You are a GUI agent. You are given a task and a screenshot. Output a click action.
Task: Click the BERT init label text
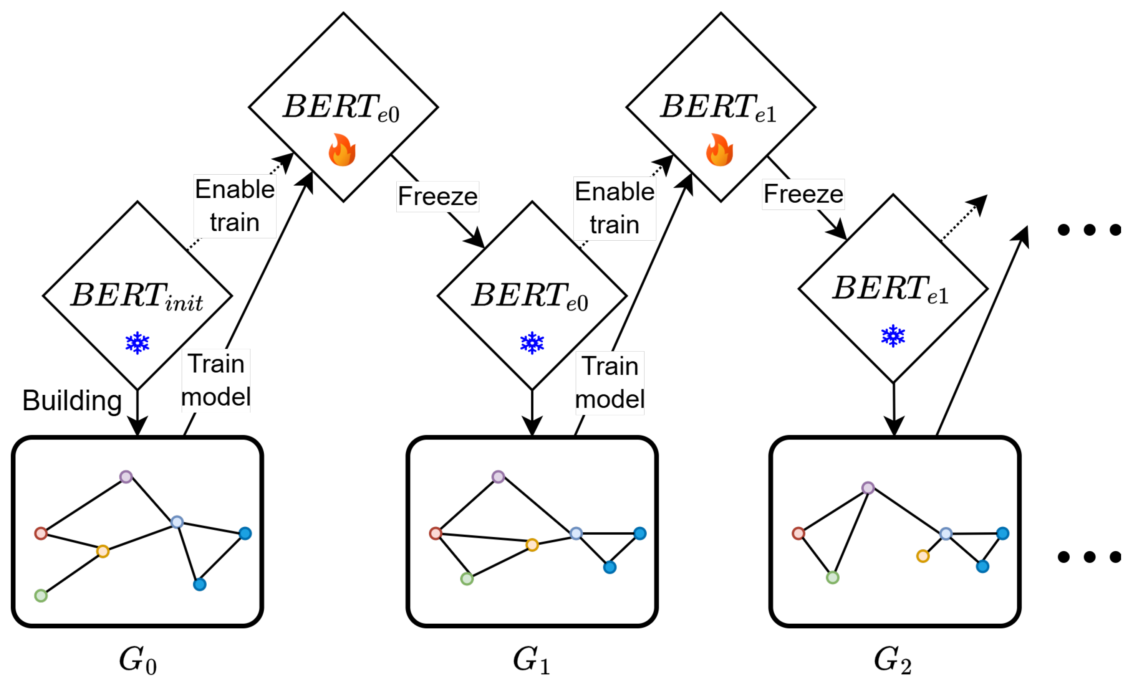(x=137, y=296)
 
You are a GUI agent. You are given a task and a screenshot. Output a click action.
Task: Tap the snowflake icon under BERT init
(x=137, y=343)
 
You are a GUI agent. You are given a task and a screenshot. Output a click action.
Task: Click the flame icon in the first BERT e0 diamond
(x=342, y=150)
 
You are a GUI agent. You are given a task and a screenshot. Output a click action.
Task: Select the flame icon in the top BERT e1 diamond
(x=720, y=150)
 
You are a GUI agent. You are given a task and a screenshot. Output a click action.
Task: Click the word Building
(x=72, y=401)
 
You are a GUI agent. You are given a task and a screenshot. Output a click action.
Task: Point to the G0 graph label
(x=137, y=661)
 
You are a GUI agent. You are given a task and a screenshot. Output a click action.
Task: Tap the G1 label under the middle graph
(x=531, y=661)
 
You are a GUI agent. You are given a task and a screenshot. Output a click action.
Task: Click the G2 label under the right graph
(x=892, y=661)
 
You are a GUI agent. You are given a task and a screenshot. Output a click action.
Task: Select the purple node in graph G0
(x=126, y=477)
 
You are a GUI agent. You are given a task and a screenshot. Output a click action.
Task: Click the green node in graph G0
(x=41, y=596)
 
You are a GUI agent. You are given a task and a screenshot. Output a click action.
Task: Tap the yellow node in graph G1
(x=532, y=545)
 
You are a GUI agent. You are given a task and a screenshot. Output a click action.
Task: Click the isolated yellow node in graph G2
(x=923, y=557)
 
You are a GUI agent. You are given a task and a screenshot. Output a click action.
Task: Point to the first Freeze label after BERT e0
(x=437, y=197)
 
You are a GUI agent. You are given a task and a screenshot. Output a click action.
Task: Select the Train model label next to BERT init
(x=216, y=380)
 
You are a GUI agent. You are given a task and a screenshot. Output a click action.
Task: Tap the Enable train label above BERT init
(x=235, y=206)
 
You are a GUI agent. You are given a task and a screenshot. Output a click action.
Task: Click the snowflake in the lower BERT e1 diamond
(x=893, y=336)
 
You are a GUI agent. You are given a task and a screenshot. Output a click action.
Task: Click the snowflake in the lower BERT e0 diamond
(x=532, y=343)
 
